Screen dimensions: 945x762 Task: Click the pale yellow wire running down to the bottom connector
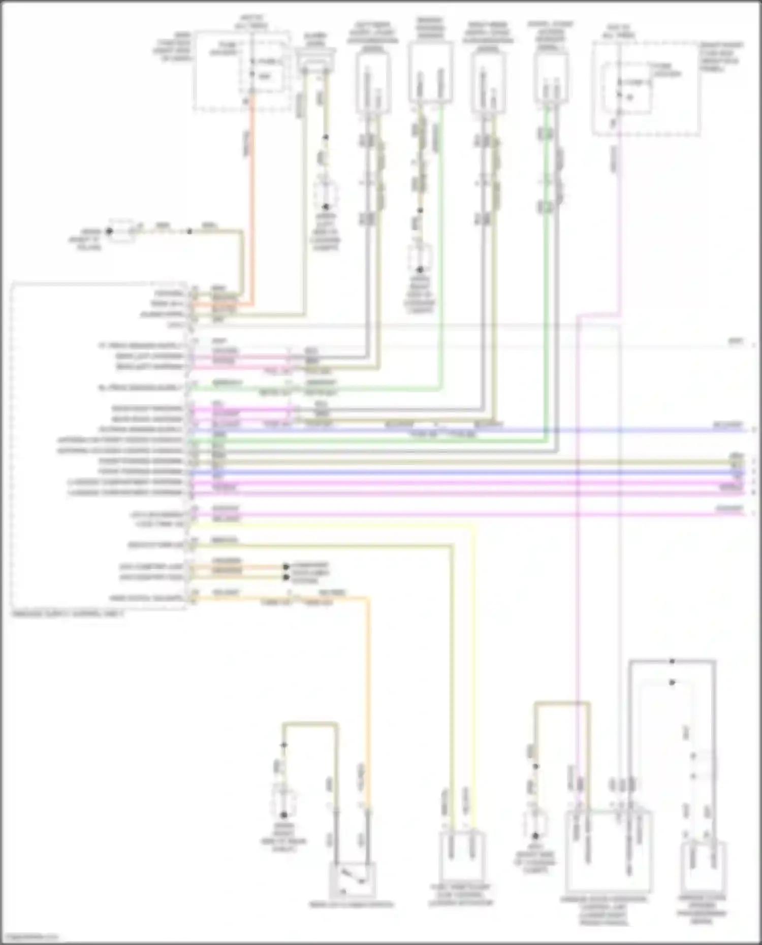[x=475, y=660]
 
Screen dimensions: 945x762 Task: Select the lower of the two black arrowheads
[x=286, y=577]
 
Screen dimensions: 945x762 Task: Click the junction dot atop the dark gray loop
[x=672, y=661]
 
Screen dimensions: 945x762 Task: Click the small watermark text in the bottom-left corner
[x=29, y=936]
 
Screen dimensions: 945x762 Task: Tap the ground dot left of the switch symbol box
[x=284, y=815]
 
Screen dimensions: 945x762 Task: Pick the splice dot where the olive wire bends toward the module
[x=189, y=232]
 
